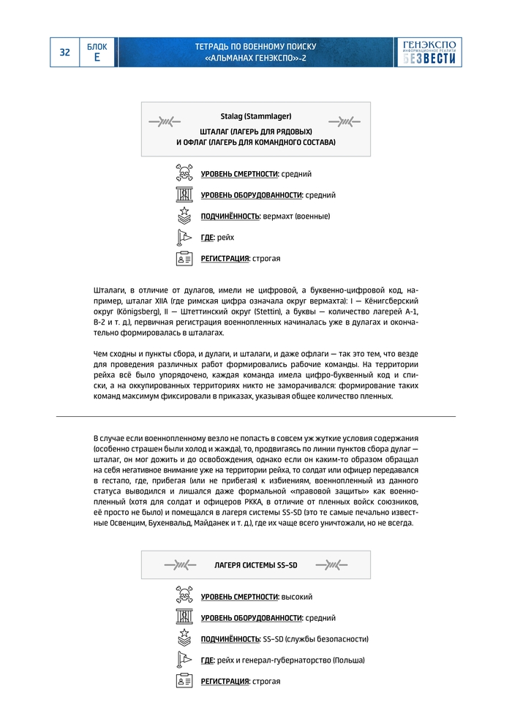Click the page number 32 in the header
[65, 52]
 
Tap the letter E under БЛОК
[97, 57]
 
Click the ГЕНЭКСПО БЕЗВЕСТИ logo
[432, 52]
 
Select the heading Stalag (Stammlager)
[256, 116]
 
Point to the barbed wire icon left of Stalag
[164, 121]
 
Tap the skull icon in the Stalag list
[184, 173]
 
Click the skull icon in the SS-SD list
[184, 596]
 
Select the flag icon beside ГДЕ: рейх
[184, 237]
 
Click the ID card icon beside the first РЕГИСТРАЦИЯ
[184, 258]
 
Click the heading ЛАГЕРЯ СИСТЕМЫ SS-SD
[256, 565]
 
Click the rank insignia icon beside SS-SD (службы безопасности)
[184, 638]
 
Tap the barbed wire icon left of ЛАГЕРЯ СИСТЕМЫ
[181, 565]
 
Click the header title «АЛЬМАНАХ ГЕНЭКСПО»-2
[256, 57]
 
